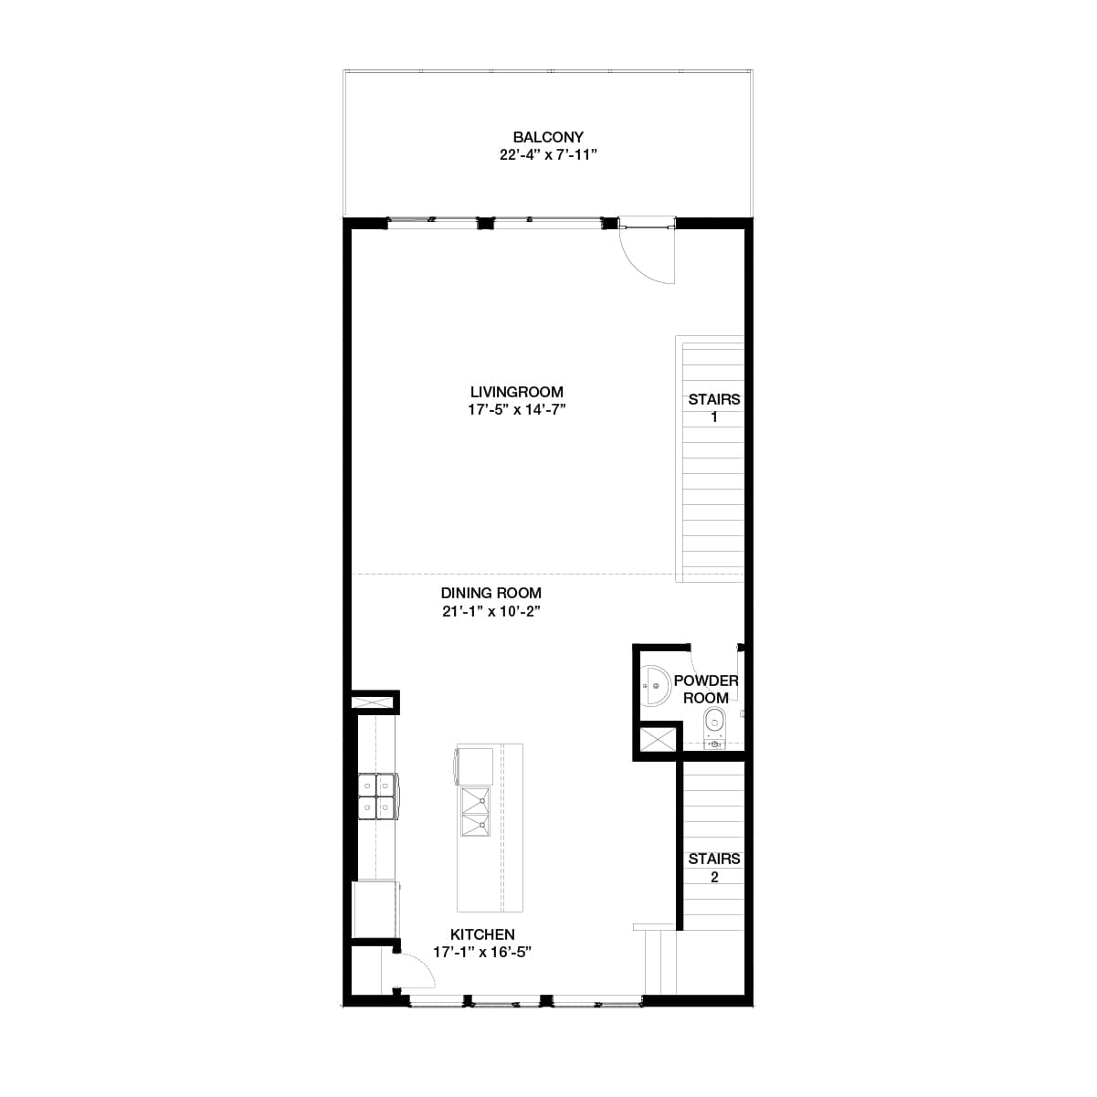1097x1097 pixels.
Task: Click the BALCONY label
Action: (548, 137)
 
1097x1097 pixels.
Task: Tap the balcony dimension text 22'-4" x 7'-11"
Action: (548, 155)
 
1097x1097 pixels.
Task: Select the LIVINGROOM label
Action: (517, 392)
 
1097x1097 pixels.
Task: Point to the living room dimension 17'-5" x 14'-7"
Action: (517, 410)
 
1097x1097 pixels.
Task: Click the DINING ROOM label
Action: (491, 593)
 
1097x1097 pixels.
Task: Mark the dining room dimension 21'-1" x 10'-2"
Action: (491, 611)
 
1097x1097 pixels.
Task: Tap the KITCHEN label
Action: (482, 934)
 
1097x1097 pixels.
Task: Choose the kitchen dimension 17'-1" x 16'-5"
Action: (482, 953)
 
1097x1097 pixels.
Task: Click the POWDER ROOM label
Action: (706, 690)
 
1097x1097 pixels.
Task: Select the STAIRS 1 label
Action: (714, 408)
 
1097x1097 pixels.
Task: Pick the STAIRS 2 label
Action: (714, 868)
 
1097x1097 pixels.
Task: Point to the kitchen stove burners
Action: (377, 796)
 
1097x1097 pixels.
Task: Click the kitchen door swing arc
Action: (418, 970)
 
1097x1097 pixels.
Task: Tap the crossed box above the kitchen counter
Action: (374, 702)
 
